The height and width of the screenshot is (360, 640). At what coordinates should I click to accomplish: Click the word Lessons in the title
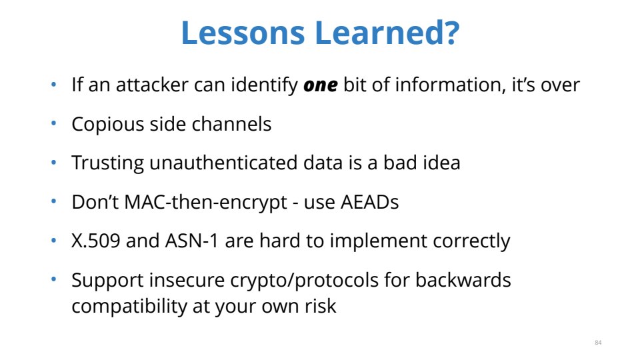click(x=243, y=33)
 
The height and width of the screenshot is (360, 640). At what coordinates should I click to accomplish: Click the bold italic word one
click(x=321, y=85)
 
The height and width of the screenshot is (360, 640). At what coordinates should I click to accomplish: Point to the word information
click(x=448, y=85)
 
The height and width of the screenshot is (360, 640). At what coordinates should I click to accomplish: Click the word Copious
click(x=108, y=125)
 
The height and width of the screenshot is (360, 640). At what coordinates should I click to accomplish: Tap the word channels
click(x=231, y=124)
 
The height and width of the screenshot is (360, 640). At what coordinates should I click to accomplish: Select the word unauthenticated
click(x=223, y=163)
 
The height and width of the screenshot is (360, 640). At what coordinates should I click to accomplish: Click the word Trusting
click(x=108, y=163)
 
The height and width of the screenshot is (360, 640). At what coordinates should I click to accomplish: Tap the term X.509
click(x=96, y=241)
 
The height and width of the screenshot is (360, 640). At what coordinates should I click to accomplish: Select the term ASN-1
click(x=192, y=241)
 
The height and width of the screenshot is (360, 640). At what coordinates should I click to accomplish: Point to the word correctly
click(x=471, y=241)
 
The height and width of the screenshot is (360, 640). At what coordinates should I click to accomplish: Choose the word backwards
click(x=463, y=280)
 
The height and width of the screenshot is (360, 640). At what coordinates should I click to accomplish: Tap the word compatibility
click(x=129, y=307)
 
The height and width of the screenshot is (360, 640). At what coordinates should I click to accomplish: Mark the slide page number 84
click(x=598, y=343)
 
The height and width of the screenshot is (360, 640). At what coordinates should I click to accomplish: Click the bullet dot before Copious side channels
click(x=53, y=123)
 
